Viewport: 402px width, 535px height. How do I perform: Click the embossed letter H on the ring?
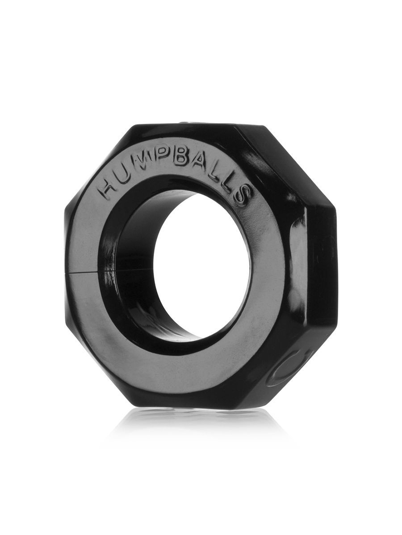(x=109, y=189)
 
